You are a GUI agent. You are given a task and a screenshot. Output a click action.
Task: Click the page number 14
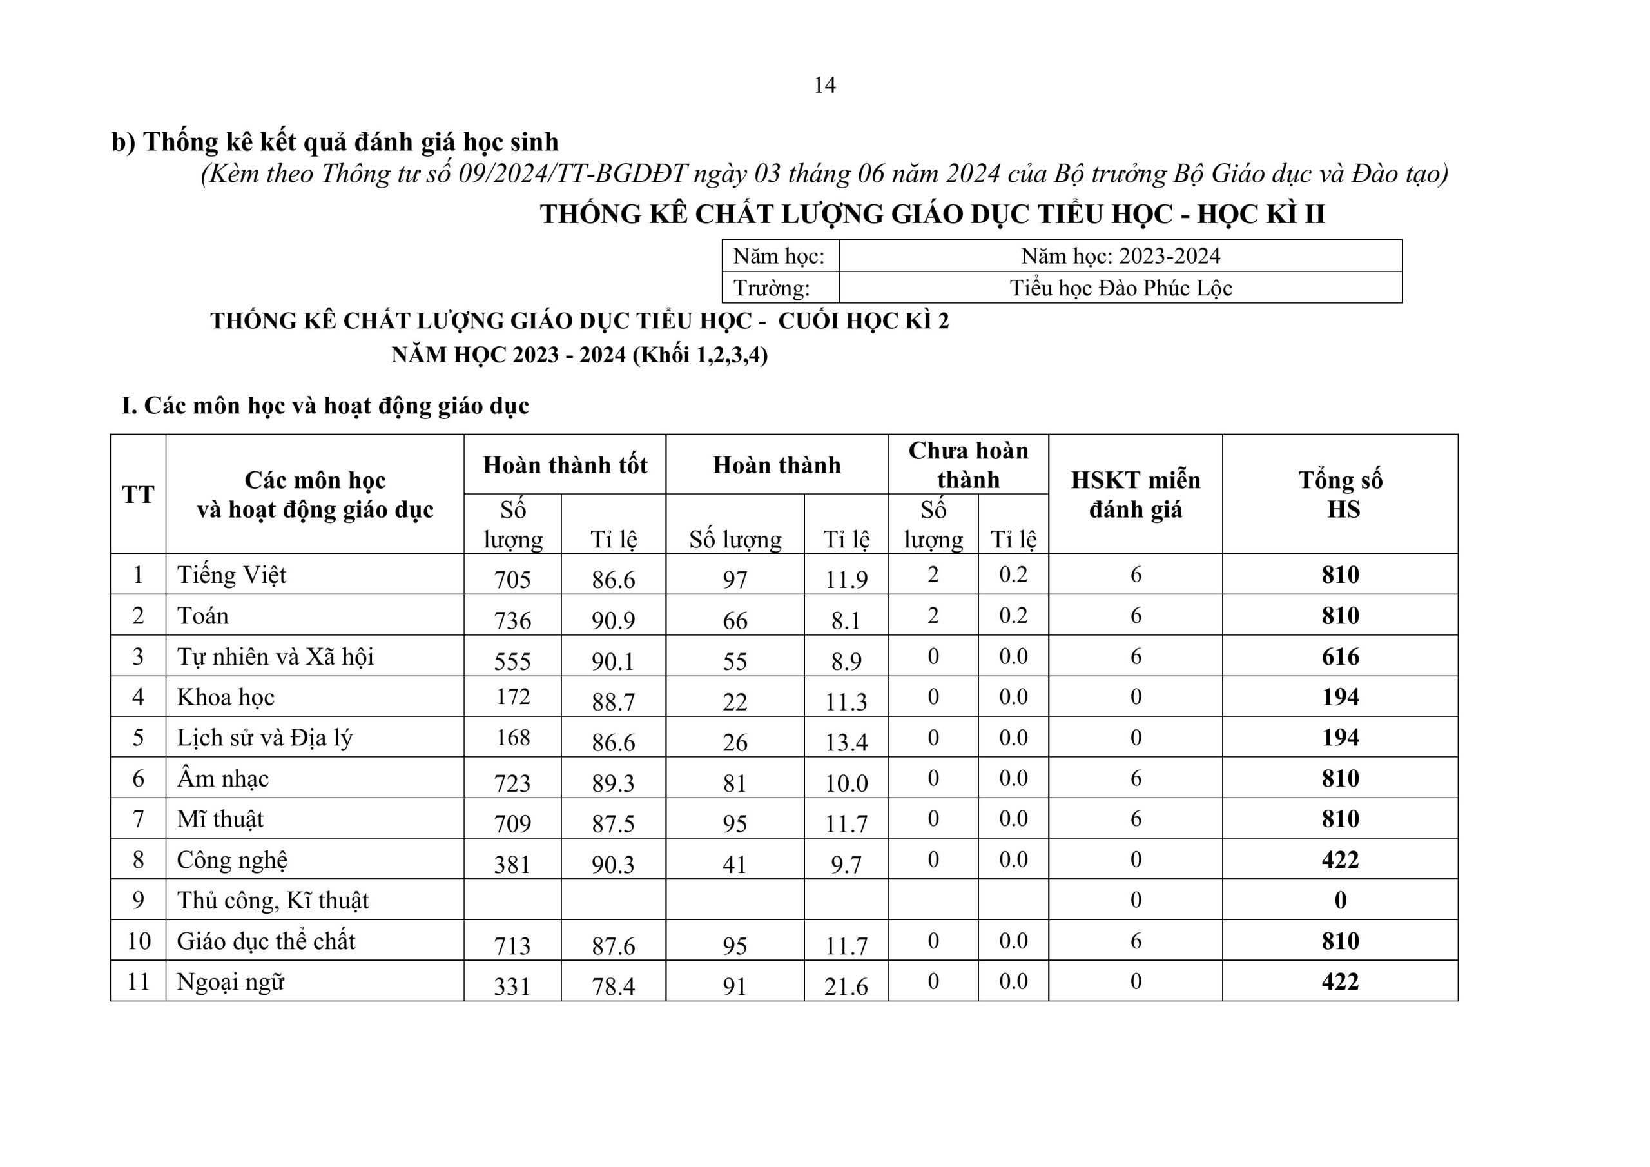(x=824, y=86)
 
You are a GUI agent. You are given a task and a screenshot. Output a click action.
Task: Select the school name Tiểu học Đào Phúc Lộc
(x=1120, y=288)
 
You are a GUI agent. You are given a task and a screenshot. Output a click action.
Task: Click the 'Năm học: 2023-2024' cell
(x=1120, y=256)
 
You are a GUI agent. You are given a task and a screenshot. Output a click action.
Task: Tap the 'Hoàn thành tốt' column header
(x=565, y=466)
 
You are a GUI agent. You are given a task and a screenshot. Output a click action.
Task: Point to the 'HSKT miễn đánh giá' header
(x=1136, y=494)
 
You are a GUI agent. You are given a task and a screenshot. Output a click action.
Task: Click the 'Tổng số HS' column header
(x=1340, y=494)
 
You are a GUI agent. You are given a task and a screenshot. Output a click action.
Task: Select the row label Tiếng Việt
(x=231, y=574)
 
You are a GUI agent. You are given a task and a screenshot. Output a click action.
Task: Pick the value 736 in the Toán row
(x=512, y=620)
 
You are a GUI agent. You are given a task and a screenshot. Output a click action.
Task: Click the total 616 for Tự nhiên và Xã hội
(x=1340, y=656)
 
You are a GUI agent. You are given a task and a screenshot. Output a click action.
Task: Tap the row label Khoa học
(x=226, y=698)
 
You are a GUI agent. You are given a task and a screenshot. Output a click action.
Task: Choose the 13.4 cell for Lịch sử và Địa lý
(x=846, y=742)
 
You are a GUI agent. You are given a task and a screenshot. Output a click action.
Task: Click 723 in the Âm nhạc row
(x=512, y=782)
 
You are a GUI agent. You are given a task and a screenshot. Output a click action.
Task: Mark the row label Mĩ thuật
(x=220, y=819)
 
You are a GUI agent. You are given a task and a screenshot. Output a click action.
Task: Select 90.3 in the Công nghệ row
(x=613, y=864)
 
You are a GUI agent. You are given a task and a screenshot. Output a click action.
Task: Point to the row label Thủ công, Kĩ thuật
(x=273, y=900)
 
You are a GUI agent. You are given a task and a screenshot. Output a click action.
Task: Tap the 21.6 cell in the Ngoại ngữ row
(x=846, y=986)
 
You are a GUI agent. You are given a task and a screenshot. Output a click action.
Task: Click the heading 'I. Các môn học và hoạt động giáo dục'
(x=325, y=406)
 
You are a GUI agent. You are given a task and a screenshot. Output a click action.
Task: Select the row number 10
(x=138, y=941)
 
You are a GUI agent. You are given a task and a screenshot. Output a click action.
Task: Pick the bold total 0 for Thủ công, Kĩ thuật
(x=1340, y=900)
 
